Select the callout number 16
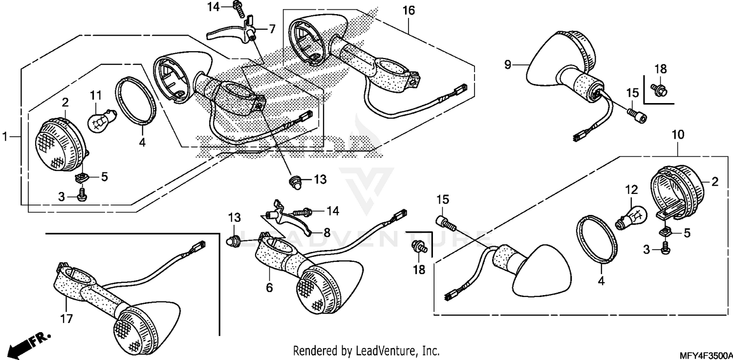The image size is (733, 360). pyautogui.click(x=409, y=10)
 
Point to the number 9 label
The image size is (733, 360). pyautogui.click(x=507, y=64)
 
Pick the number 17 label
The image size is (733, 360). pyautogui.click(x=66, y=318)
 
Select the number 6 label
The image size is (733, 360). pyautogui.click(x=269, y=288)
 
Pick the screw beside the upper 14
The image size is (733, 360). pyautogui.click(x=238, y=6)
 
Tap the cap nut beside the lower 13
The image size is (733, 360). pyautogui.click(x=234, y=240)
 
